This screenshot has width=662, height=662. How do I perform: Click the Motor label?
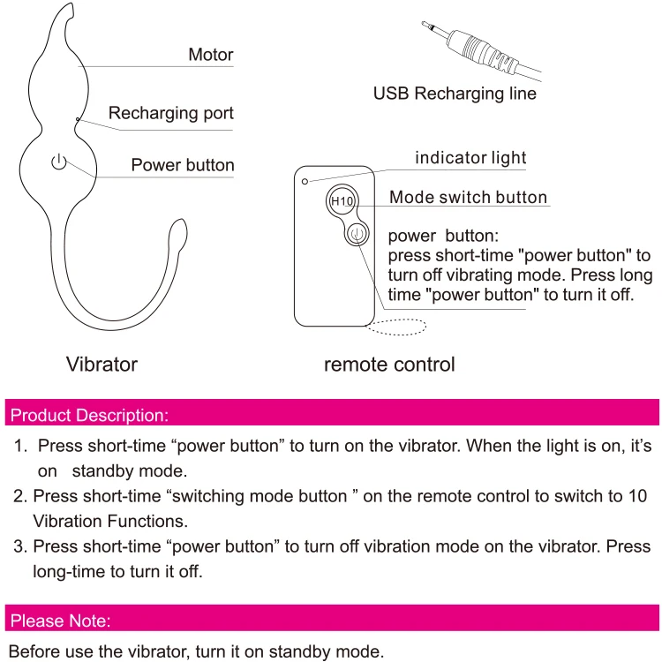point(210,55)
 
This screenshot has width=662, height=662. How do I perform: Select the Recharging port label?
point(170,113)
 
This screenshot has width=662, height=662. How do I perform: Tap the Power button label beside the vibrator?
point(183,165)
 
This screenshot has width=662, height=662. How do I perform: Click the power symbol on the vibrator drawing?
point(58,162)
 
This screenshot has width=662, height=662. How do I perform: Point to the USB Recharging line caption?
point(455,93)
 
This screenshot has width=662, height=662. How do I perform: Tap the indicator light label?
point(470,158)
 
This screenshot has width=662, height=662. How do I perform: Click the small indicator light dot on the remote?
point(305,180)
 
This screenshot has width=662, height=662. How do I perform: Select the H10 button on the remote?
point(342,201)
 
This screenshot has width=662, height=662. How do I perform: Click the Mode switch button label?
point(468,198)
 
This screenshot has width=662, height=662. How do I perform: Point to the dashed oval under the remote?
point(397,327)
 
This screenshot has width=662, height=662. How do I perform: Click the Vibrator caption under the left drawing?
point(102,364)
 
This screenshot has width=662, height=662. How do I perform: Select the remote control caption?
point(389,364)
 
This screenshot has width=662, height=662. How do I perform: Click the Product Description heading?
point(88,414)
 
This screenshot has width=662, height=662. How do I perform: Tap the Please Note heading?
point(60,621)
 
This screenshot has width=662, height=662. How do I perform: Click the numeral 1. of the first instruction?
point(21,447)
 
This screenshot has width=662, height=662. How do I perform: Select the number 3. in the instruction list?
point(19,546)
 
